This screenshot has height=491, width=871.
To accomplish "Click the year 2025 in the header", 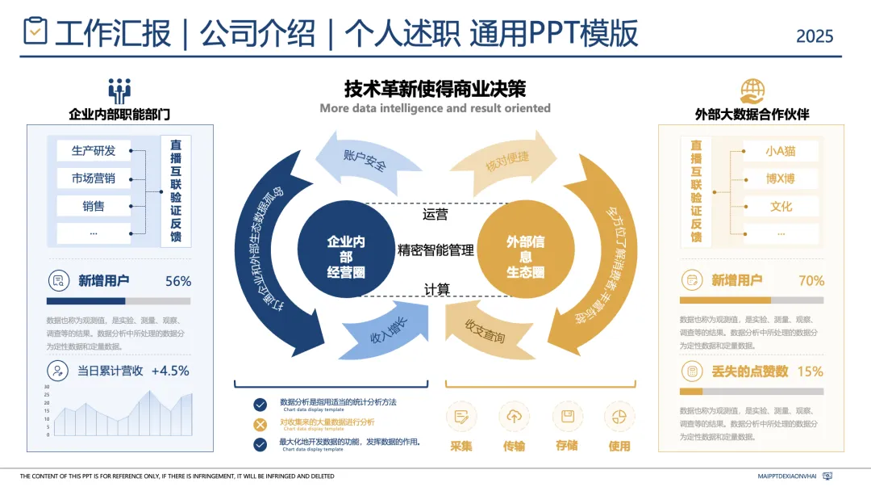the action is click(815, 36).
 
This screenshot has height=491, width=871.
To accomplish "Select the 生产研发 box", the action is click(94, 151).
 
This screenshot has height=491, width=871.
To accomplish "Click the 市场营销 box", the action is click(94, 178).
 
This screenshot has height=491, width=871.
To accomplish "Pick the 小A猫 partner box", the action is click(781, 151).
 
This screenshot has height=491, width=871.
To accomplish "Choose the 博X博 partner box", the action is click(781, 178).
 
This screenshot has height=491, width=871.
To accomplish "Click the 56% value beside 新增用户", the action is click(177, 282).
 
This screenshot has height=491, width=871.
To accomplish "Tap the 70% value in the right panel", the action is click(811, 281).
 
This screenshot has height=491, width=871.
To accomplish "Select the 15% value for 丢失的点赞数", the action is click(810, 371).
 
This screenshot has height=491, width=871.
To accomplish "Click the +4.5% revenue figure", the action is click(169, 371).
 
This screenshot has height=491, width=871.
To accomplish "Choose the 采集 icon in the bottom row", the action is click(461, 417).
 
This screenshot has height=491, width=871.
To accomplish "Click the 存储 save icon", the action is click(567, 417).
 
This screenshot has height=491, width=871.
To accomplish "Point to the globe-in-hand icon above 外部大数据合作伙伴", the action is click(752, 90).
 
